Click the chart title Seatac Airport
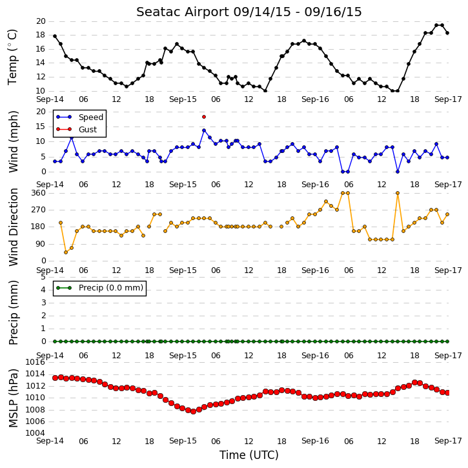coord(183,12)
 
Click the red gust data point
coord(204,117)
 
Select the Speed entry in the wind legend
coord(91,117)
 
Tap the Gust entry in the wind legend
coord(88,130)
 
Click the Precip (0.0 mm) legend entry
coord(111,288)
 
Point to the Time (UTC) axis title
coord(249,455)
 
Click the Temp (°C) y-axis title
coord(12,57)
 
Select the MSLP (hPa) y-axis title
coord(13,398)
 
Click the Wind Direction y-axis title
coord(13,227)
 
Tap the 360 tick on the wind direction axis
coord(39,193)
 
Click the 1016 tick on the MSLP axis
coord(36,362)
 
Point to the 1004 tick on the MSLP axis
coord(36,433)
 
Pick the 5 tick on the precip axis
coord(43,277)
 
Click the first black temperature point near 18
coord(55,36)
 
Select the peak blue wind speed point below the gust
coord(204,130)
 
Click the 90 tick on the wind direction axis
coord(41,244)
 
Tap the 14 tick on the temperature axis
coord(41,63)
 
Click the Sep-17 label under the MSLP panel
coord(448,441)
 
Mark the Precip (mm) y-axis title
coord(13,313)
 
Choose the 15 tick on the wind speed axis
coord(41,127)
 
